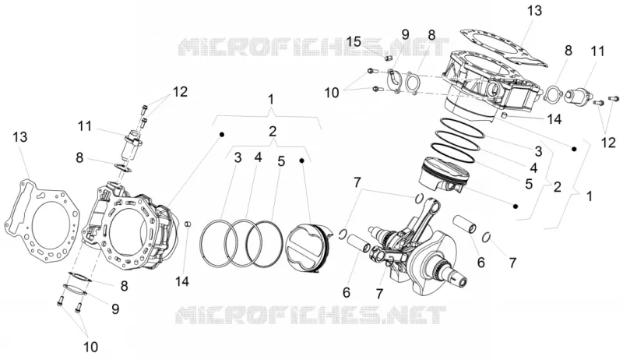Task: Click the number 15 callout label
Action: pos(354,41)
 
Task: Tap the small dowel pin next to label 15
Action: pos(389,58)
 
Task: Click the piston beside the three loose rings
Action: pos(308,249)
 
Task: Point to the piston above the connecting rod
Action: pos(445,175)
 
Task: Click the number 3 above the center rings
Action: pos(238,157)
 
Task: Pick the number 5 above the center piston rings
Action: pos(281,161)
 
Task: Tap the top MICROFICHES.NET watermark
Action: pos(314,48)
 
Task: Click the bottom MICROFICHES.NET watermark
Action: pos(311,315)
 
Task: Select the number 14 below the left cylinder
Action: pos(182,282)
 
